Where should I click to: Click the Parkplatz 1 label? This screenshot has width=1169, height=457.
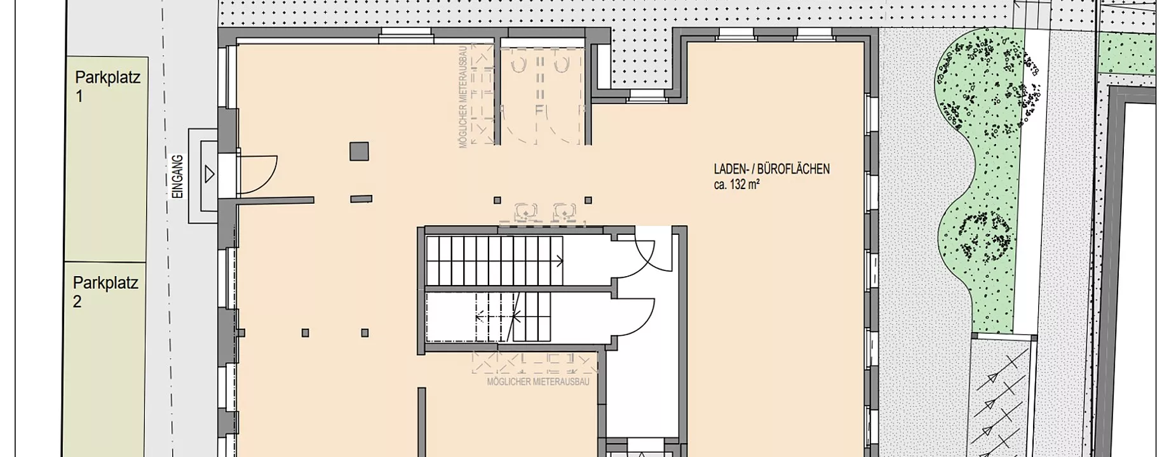[107, 87]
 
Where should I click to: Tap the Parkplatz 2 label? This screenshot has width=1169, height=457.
[105, 292]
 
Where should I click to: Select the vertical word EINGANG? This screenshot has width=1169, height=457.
[178, 176]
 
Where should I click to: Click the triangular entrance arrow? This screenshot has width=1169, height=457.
[209, 173]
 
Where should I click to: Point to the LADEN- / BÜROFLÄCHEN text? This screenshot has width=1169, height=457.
[771, 169]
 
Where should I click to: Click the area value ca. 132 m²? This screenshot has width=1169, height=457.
[737, 185]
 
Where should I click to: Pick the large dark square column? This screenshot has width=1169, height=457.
[360, 151]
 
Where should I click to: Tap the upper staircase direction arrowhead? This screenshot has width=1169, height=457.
[560, 259]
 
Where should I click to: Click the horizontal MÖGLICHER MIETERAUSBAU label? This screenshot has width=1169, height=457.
[538, 382]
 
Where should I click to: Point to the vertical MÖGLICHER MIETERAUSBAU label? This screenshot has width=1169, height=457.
[463, 96]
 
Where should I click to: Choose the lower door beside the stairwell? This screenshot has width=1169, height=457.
[632, 321]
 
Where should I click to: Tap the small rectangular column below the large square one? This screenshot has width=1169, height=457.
[361, 199]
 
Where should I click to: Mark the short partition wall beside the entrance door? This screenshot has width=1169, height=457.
[276, 201]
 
